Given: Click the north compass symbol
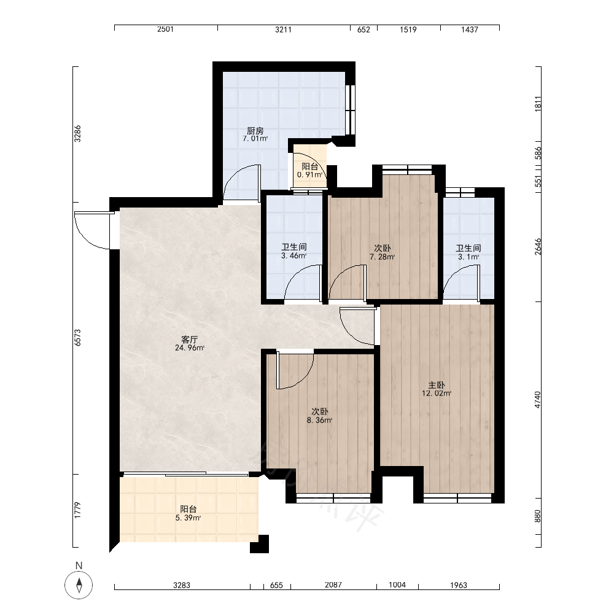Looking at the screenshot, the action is (79, 585).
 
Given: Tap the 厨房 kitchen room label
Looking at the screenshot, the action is (255, 131).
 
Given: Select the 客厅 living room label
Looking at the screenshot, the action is (190, 340).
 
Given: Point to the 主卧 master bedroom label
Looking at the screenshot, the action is (436, 386).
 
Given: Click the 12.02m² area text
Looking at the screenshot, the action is (436, 394).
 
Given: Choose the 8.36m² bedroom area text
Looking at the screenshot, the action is (319, 421).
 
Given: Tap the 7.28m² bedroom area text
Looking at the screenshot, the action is (382, 257).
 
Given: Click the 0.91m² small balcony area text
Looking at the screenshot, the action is (309, 174).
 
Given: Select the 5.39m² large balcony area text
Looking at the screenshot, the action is (188, 518).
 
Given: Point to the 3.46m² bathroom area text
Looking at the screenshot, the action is (293, 256).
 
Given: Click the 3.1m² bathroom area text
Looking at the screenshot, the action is (468, 257).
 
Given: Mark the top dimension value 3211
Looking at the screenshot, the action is (283, 29).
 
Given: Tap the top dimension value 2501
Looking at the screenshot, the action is (165, 29).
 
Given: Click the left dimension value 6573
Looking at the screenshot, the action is (77, 338).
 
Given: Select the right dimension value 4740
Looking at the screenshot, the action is (538, 400).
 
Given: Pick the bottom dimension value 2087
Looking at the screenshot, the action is (333, 585).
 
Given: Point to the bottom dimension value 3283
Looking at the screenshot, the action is (182, 585).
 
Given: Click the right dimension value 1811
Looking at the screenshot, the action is (538, 104).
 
